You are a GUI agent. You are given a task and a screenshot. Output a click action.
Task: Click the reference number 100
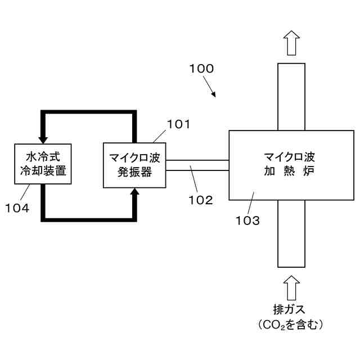[x=201, y=69]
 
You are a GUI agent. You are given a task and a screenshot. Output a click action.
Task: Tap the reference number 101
[x=179, y=124]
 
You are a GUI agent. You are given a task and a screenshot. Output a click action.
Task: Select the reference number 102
[x=201, y=199]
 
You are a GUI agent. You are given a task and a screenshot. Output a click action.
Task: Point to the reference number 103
[x=247, y=220]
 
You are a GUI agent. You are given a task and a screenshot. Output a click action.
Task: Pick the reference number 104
[x=17, y=208]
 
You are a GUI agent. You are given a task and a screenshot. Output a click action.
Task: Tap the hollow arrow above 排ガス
[x=291, y=289]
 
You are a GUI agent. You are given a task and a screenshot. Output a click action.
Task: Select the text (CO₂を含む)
[x=291, y=325]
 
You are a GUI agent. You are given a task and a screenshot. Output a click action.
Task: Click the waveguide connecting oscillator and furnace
[x=197, y=165]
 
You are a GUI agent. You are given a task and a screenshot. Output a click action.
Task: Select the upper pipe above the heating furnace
[x=291, y=96]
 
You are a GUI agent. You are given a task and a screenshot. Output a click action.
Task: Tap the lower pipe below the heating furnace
[x=291, y=233]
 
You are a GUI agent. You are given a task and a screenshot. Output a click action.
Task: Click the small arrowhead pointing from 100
[x=214, y=94]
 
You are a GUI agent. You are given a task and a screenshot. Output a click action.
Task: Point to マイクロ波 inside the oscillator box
[x=135, y=156]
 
